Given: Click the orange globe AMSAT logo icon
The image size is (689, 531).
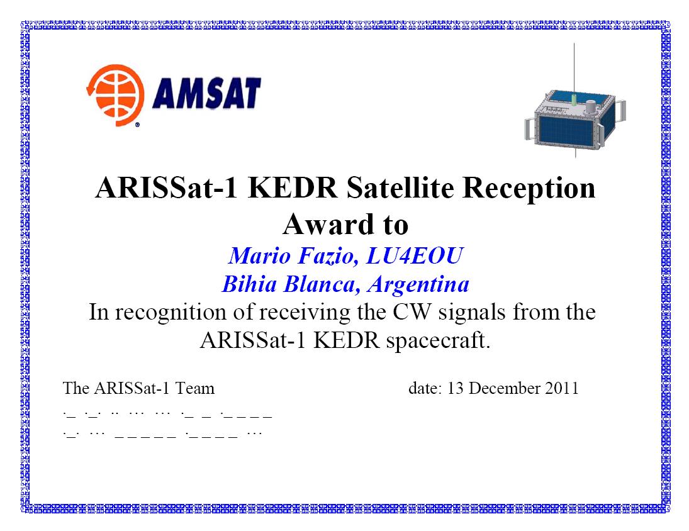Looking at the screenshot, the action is pyautogui.click(x=115, y=95).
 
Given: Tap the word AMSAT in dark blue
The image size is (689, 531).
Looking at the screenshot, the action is pyautogui.click(x=206, y=93).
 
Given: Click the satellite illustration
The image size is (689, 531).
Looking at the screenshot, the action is pyautogui.click(x=574, y=115).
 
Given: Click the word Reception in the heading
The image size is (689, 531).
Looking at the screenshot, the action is pyautogui.click(x=529, y=188).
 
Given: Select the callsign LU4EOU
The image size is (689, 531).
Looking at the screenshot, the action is pyautogui.click(x=415, y=255).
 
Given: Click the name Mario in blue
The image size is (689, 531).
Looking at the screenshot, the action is pyautogui.click(x=259, y=255).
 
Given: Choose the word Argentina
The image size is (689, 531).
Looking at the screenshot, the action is pyautogui.click(x=418, y=284).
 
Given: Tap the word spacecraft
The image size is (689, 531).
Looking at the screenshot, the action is pyautogui.click(x=439, y=340).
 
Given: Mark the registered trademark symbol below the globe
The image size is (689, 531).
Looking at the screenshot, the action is pyautogui.click(x=137, y=125).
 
